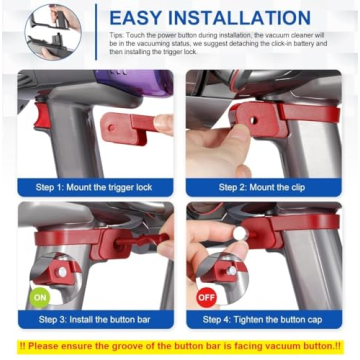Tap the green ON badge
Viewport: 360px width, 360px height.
point(39,296)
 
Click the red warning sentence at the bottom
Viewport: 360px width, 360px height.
point(180,347)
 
